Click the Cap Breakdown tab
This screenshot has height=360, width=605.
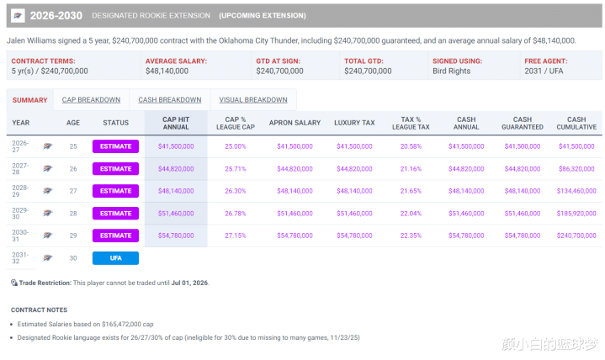(x=92, y=100)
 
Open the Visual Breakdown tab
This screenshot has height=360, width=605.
(x=253, y=100)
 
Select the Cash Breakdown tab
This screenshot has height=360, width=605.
(x=169, y=100)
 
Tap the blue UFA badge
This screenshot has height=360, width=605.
(x=115, y=258)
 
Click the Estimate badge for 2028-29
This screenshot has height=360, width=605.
(x=115, y=191)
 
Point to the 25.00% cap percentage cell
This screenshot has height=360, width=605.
(x=236, y=146)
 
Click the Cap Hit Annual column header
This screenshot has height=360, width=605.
(x=176, y=123)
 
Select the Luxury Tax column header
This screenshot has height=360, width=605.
(x=353, y=123)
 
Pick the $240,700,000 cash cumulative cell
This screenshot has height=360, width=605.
(x=576, y=236)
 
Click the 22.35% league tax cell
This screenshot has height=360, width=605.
(x=410, y=236)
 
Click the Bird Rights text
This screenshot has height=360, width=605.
(x=453, y=71)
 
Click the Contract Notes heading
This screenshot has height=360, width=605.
(x=40, y=310)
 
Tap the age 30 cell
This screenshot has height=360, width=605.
(x=73, y=258)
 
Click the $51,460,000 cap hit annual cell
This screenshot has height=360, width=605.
(x=176, y=214)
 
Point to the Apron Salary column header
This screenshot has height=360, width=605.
(x=295, y=123)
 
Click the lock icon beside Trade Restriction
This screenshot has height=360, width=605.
(x=14, y=283)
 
